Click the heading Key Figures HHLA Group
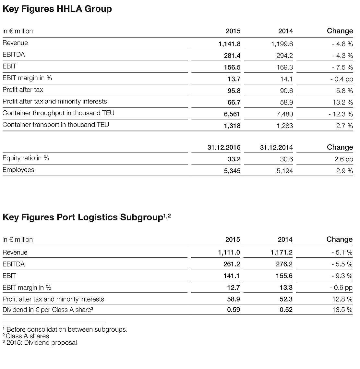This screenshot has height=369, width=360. tap(57, 9)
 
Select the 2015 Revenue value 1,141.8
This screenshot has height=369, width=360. tap(229, 44)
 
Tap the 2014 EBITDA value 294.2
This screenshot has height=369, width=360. tap(284, 55)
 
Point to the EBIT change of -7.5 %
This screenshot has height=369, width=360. tap(342, 67)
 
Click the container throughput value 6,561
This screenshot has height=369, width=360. tap(232, 114)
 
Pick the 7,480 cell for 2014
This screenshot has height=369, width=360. tap(284, 114)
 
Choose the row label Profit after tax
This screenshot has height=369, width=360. tap(23, 90)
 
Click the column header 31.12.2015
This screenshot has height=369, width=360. tap(224, 147)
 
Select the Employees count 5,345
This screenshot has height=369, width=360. tap(232, 171)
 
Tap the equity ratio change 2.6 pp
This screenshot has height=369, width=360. tap(343, 159)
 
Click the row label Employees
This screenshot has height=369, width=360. tap(18, 170)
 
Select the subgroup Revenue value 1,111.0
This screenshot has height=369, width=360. tap(229, 252)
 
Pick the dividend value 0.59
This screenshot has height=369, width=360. tap(233, 310)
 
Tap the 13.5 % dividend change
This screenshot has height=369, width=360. tap(342, 310)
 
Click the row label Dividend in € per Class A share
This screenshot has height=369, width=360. tap(48, 310)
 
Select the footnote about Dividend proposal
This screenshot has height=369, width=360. tap(41, 342)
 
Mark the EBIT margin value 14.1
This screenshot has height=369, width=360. tap(286, 79)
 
